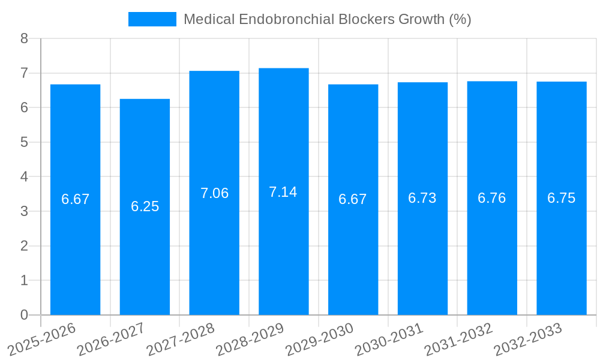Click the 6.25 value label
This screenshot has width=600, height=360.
pos(145,206)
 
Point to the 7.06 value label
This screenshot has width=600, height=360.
pos(214,193)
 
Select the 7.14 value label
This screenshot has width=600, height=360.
pos(283,192)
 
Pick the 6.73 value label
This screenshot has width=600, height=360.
pos(422,198)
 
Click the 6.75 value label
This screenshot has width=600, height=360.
pos(561,198)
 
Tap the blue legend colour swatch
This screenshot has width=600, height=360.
pos(152,19)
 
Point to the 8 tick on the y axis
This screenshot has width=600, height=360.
pos(24,39)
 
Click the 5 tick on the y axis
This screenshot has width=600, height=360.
pos(24,142)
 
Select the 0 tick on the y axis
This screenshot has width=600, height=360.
pos(24,315)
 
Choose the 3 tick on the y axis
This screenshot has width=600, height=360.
pos(24,211)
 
